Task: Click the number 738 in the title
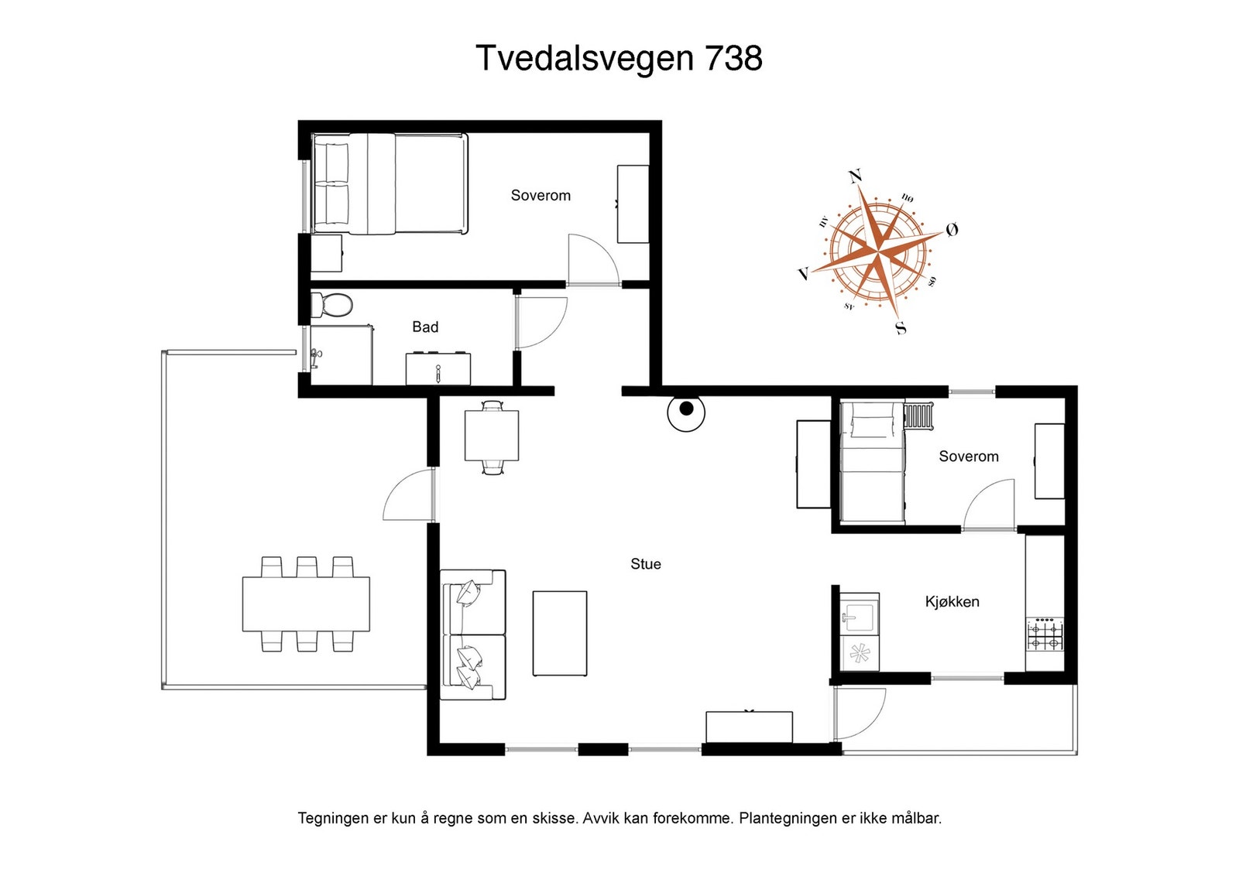coord(733,58)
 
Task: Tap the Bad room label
coord(425,327)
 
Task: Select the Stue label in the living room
coord(646,564)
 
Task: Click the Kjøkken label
coord(952,602)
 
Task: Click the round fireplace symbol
coord(686,412)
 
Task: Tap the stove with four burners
coord(1045,635)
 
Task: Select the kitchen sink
coord(860,614)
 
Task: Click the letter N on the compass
coord(856,176)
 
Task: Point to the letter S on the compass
coord(901,328)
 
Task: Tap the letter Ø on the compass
coord(952,229)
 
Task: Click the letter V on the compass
coord(805,273)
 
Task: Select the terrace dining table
coord(306,604)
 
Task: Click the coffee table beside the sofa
coord(560,633)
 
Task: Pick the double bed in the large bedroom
coord(390,183)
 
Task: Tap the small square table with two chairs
coord(492,436)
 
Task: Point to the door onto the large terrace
coord(408,494)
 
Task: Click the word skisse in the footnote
coord(557,818)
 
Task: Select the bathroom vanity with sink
coord(438,368)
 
